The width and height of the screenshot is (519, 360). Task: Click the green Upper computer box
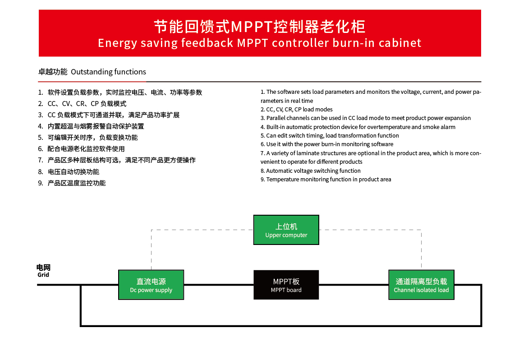point(286,230)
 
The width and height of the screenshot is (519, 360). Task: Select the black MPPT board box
point(286,285)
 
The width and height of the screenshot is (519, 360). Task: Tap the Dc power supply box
point(151,285)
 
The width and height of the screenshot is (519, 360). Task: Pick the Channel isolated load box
point(421,285)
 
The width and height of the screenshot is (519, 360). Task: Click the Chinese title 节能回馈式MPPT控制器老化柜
point(260,27)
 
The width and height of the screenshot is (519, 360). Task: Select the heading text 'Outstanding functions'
point(108,72)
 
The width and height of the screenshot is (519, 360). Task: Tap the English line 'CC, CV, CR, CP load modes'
point(297,109)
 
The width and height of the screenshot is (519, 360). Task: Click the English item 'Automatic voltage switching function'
point(311,171)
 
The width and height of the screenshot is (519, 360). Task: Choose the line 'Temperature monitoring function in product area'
point(326,179)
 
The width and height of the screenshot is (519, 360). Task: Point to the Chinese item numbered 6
point(82,149)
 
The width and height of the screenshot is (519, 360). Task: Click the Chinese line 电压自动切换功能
point(69,171)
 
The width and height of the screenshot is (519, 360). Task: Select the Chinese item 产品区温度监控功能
point(72,183)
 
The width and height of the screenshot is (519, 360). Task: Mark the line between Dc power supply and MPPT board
point(219,285)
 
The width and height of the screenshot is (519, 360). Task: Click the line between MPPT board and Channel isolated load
point(354,285)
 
